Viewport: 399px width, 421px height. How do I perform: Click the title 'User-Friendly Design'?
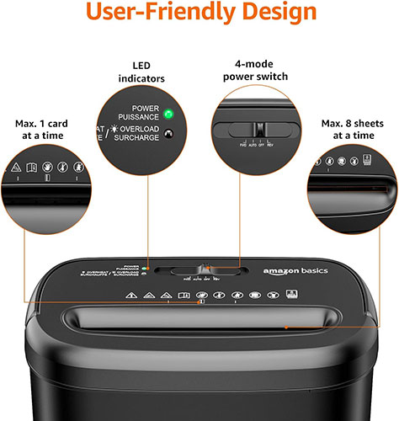tap(199, 14)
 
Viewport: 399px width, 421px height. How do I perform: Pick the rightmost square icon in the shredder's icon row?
tap(290, 295)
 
